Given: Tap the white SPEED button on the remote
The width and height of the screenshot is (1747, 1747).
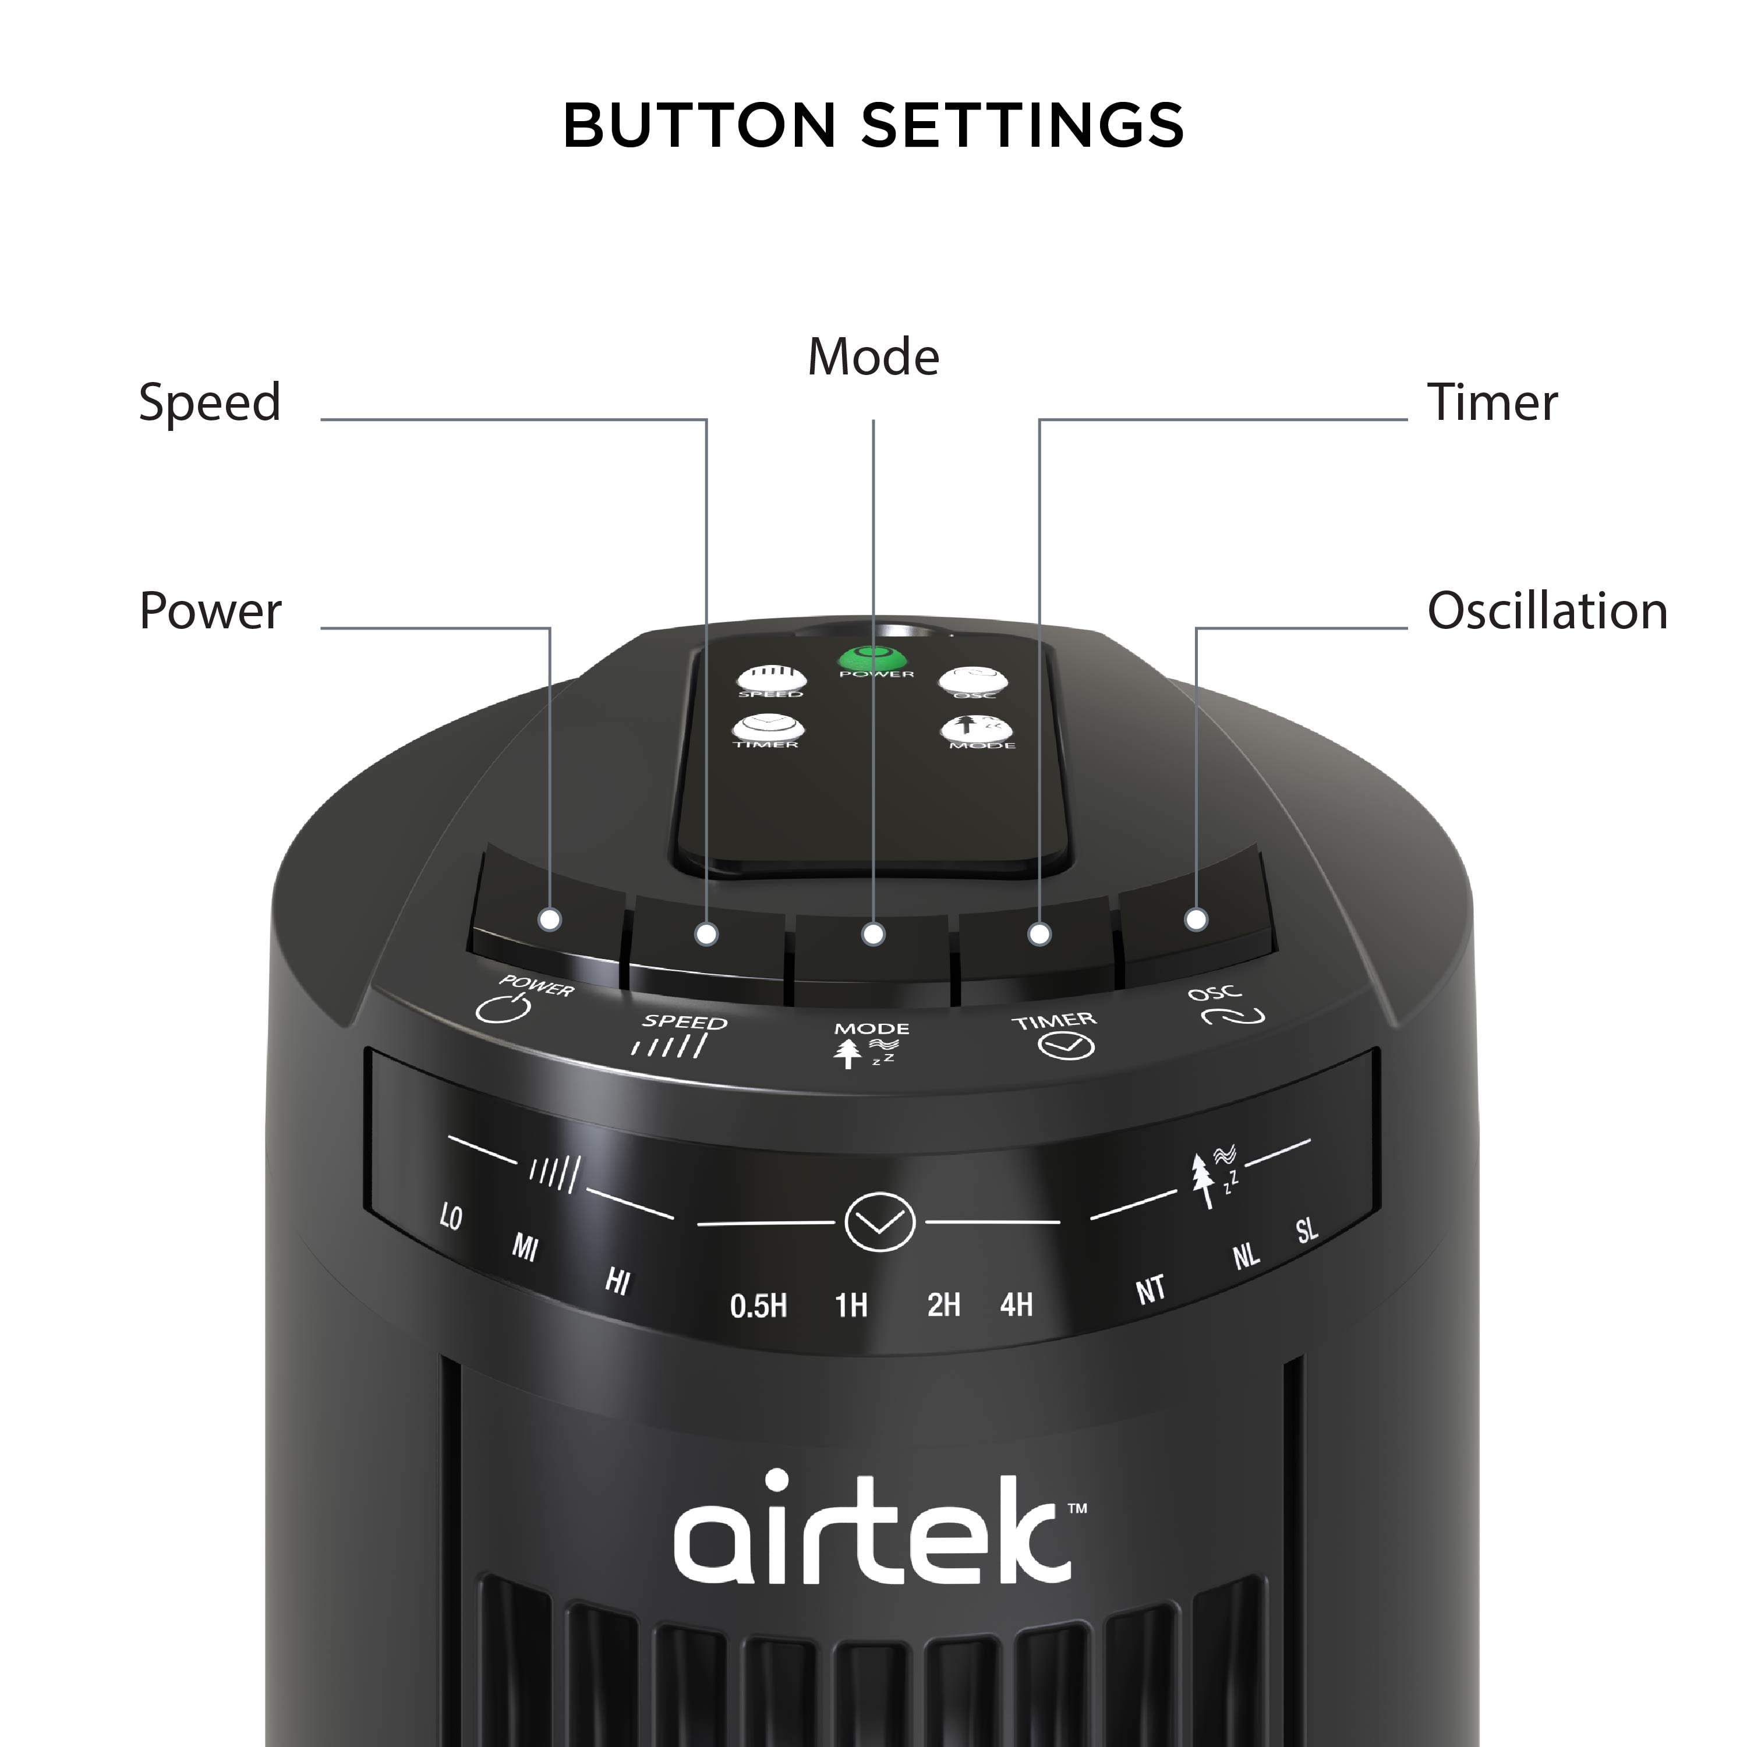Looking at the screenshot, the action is coord(770,679).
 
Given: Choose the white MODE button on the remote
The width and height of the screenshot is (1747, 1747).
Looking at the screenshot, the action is coord(977,729).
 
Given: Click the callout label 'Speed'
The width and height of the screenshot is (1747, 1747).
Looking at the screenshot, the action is coord(210,402).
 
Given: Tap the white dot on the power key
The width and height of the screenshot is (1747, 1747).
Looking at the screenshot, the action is coord(550,920).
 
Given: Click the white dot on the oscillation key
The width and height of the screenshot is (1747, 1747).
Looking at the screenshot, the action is coord(1196,920).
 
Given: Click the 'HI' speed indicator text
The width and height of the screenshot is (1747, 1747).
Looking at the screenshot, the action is coord(618,1281).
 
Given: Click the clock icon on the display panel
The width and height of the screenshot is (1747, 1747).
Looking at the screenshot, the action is coord(880,1222).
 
